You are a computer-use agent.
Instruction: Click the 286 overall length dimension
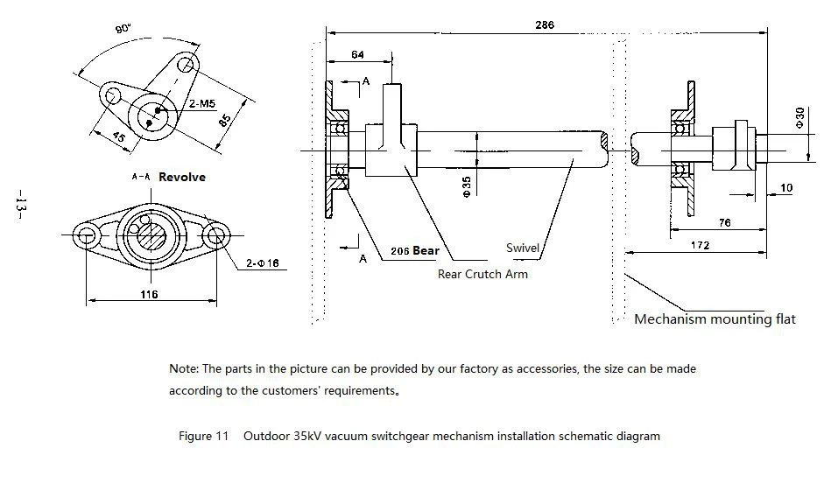(544, 25)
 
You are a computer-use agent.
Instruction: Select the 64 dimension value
(357, 55)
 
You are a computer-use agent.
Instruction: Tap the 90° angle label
(122, 29)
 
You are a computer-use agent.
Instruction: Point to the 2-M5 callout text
(201, 104)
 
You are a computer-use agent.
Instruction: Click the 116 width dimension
(149, 294)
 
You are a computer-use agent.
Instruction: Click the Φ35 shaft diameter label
(466, 185)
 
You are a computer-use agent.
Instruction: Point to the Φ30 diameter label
(799, 119)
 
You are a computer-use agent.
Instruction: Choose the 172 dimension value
(699, 246)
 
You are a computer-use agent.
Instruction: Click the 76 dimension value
(724, 223)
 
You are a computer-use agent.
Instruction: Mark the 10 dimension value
(786, 188)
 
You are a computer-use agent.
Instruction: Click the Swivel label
(523, 248)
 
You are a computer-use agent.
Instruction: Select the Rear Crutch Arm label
(482, 274)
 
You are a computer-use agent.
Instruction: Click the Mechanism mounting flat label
(715, 318)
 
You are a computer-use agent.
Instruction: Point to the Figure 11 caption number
(203, 435)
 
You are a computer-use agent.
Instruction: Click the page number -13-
(20, 207)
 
